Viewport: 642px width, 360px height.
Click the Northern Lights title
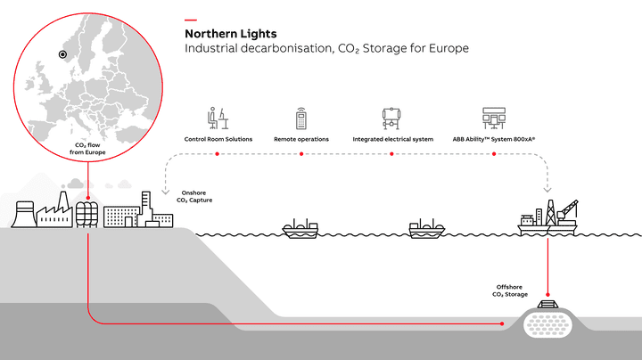(231, 34)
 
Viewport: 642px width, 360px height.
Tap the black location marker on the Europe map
(62, 54)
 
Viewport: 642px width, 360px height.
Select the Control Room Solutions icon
(218, 119)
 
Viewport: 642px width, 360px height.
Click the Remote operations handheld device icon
(301, 119)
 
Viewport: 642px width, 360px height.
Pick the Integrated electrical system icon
(391, 119)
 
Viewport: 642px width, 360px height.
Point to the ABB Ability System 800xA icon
(494, 119)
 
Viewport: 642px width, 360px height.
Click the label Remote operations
(301, 139)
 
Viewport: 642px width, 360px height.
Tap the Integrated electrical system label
(392, 139)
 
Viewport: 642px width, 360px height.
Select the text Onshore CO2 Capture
(194, 196)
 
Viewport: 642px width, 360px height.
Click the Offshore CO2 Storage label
(510, 290)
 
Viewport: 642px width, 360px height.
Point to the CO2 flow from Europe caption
(87, 149)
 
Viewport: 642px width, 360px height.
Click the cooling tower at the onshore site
(23, 214)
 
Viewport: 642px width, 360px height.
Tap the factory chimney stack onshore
(62, 201)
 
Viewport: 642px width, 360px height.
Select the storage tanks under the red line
(86, 215)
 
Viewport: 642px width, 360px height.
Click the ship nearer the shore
(300, 229)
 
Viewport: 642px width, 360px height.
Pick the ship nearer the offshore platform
(427, 229)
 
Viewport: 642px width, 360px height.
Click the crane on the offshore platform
(567, 211)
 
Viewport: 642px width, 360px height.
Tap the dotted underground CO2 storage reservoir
(547, 323)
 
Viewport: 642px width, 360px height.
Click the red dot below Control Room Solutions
(217, 154)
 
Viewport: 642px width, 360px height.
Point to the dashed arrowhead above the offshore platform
(547, 190)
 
